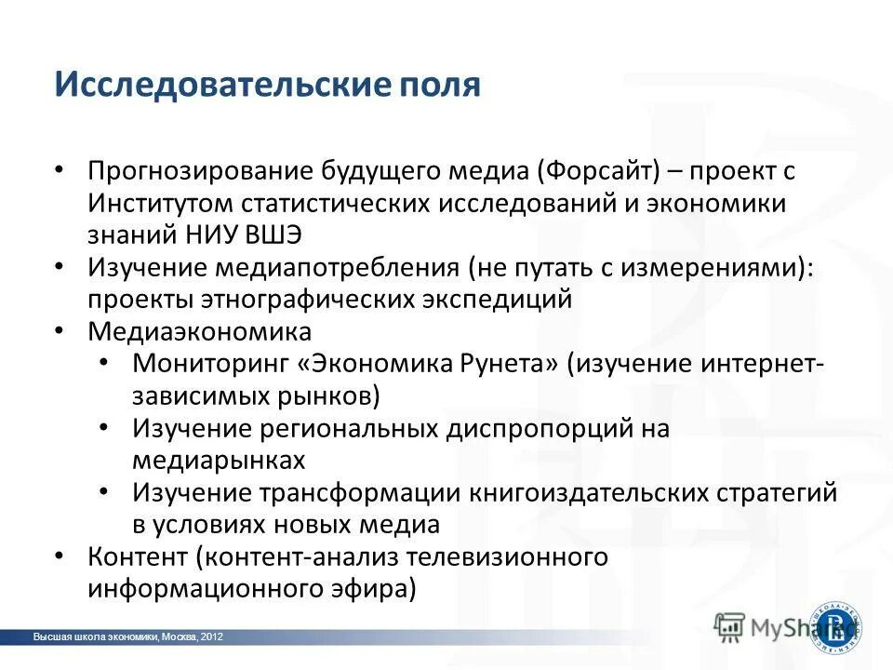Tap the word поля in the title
442,86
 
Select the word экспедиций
499,300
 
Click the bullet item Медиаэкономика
199,331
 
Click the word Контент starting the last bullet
137,556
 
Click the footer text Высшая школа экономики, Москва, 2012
128,636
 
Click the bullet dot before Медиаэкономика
60,331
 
